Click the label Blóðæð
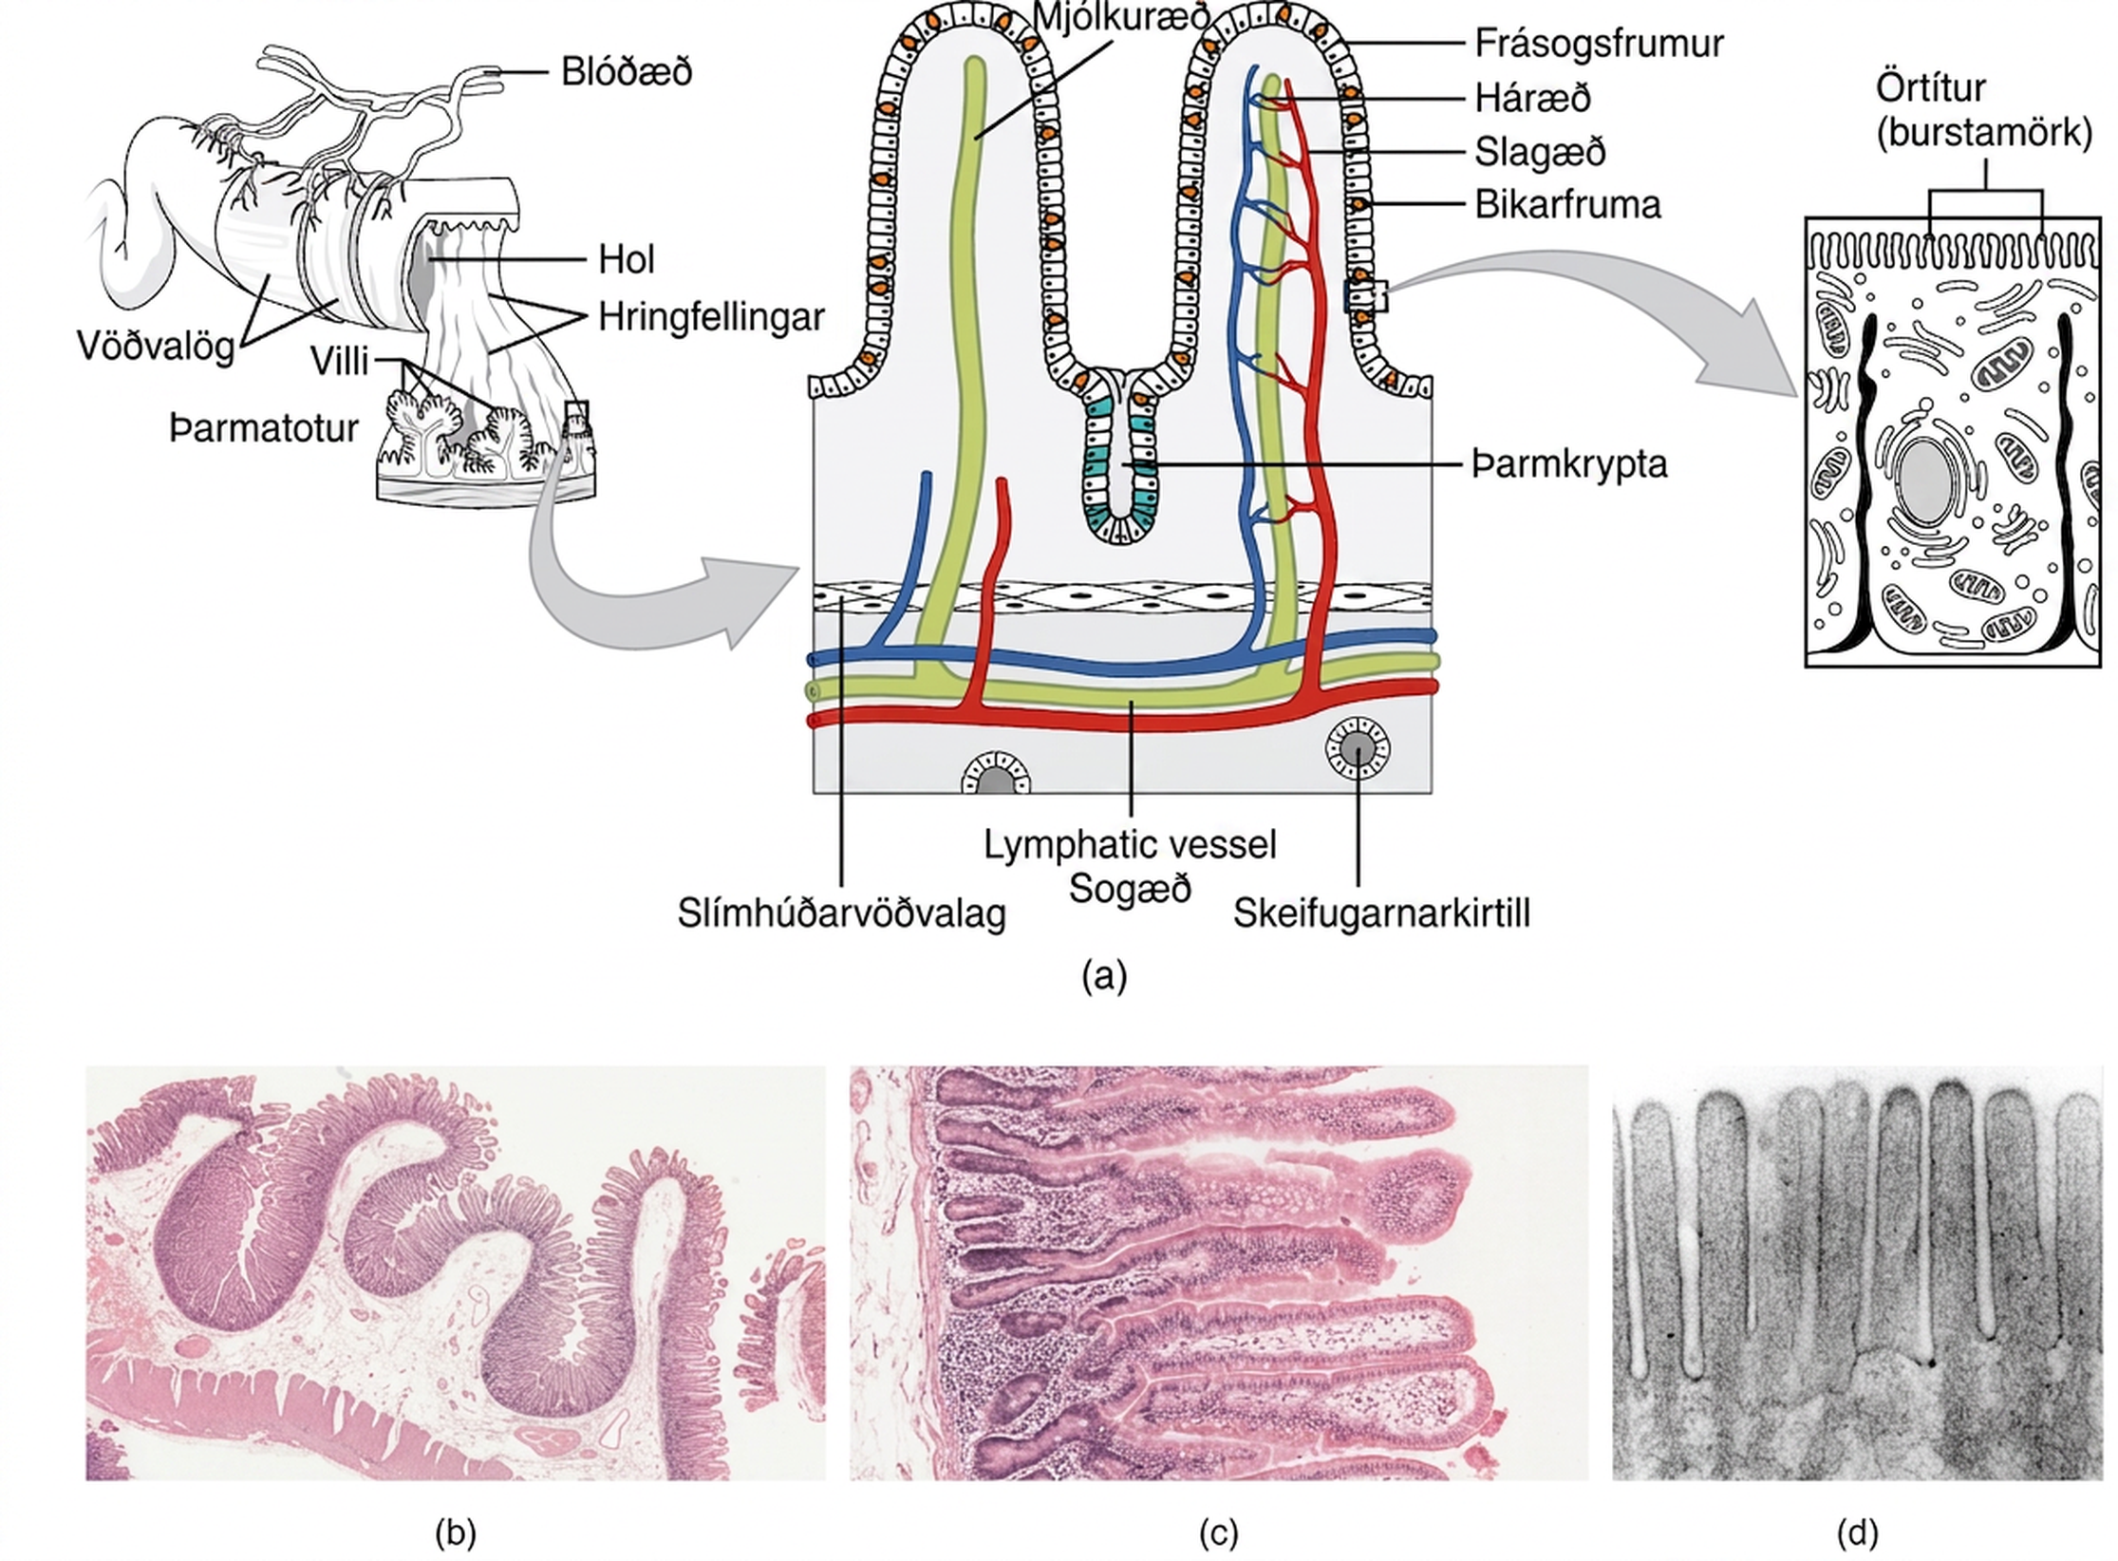pos(627,72)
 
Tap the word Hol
pos(627,259)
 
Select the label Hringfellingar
pos(711,317)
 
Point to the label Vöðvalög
pos(156,347)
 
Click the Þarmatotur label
pos(264,428)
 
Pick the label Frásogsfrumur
pos(1599,44)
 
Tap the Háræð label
pos(1533,98)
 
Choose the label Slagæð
pos(1540,152)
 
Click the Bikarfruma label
pos(1567,205)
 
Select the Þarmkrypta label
pos(1569,464)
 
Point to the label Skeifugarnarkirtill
pos(1381,913)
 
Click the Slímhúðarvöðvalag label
pos(841,913)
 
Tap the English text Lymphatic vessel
pos(1130,844)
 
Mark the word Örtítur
pos(1930,87)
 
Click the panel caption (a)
pos(1104,975)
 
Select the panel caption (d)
pos(1858,1532)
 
